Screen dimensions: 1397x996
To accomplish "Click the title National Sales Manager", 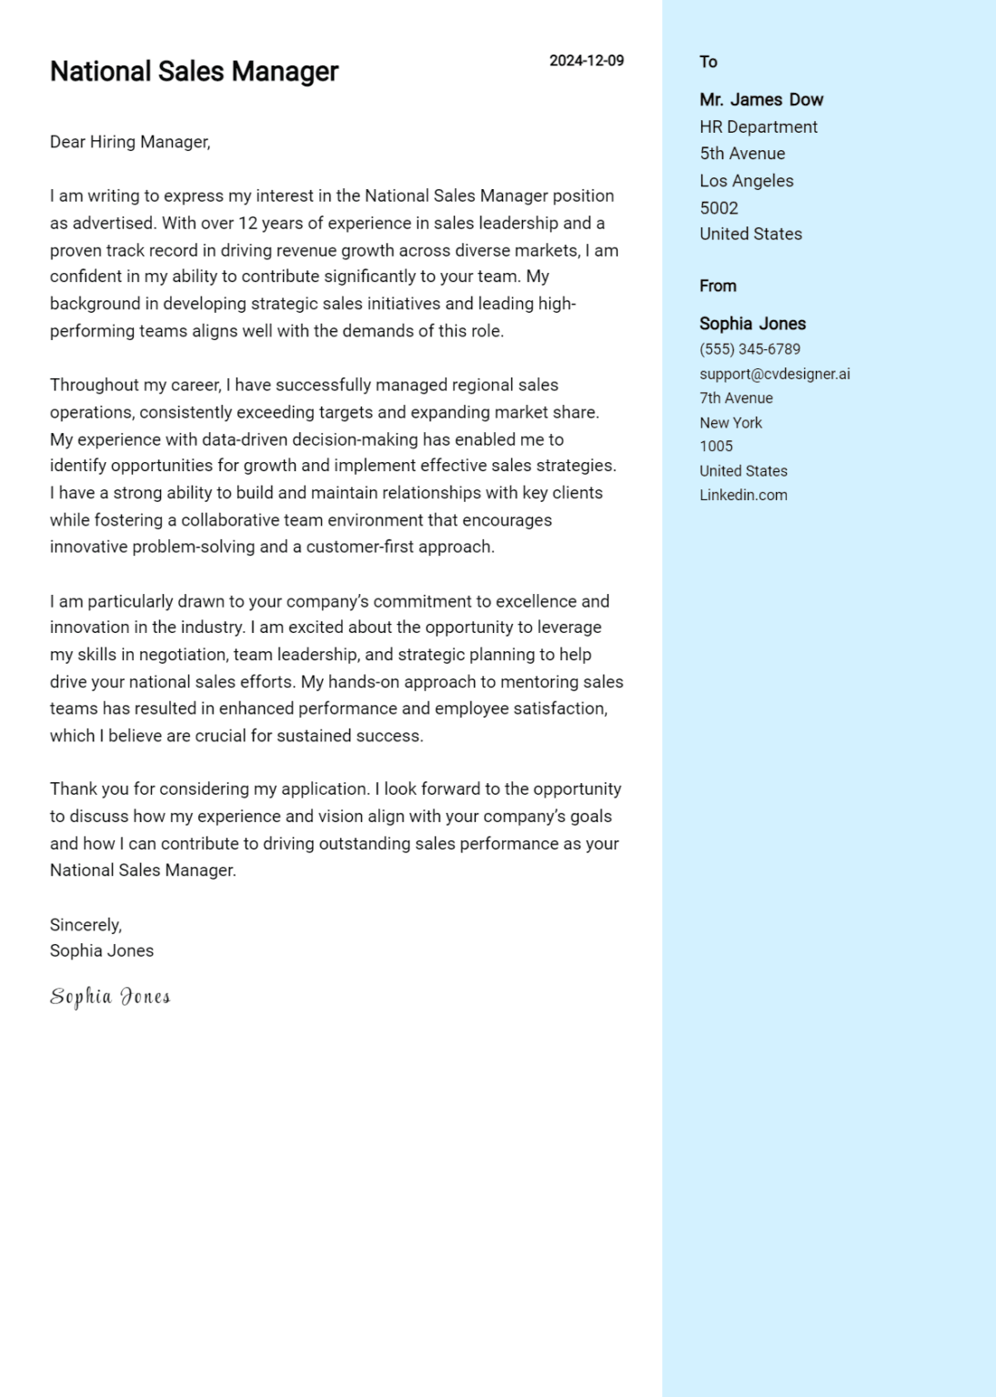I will [x=194, y=71].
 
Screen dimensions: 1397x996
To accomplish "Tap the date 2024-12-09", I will [x=586, y=61].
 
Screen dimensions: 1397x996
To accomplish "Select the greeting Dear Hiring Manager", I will [x=130, y=142].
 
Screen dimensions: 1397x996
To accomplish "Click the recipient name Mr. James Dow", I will [x=760, y=100].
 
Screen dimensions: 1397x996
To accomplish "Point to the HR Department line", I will [x=758, y=127].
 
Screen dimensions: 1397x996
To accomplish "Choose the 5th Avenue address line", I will [x=741, y=154].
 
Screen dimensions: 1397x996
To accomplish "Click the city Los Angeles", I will [x=746, y=181].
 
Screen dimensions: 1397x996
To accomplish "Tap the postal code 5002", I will [x=719, y=208].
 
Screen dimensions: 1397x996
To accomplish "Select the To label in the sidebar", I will [x=708, y=62].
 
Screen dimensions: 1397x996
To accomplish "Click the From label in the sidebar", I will [x=718, y=286].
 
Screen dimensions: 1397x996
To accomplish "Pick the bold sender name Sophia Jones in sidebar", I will [x=752, y=324].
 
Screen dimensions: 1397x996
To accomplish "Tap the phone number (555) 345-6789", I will [x=750, y=349].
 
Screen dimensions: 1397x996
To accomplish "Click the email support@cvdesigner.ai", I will [x=774, y=374].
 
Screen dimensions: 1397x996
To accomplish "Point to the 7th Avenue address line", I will [x=736, y=398].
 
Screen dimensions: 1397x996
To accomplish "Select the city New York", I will [x=730, y=423].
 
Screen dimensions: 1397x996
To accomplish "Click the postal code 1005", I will [x=716, y=447].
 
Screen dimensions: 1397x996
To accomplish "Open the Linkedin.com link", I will [x=743, y=496].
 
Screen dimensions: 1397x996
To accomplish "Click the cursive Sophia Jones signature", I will [x=110, y=997].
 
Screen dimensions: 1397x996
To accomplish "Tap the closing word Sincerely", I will [x=86, y=925].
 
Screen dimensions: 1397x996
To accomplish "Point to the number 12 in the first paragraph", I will [x=247, y=223].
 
